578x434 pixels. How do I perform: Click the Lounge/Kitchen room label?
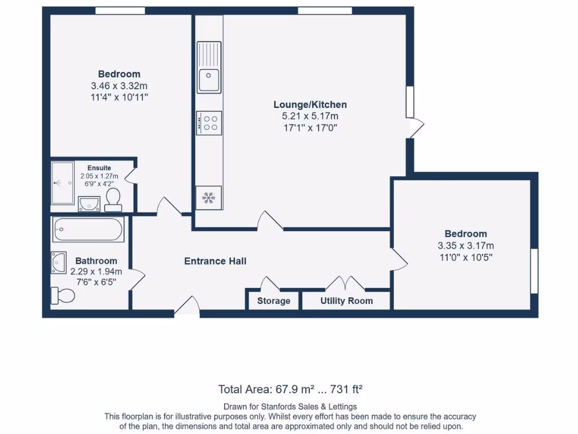pyautogui.click(x=310, y=105)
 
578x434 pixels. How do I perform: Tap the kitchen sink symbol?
pyautogui.click(x=209, y=67)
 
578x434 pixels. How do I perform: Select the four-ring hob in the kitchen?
pyautogui.click(x=209, y=123)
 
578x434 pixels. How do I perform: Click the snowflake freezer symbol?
pyautogui.click(x=209, y=198)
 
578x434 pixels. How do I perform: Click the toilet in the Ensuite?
pyautogui.click(x=113, y=199)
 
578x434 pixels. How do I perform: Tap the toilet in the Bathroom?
pyautogui.click(x=63, y=295)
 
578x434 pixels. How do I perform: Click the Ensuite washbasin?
pyautogui.click(x=89, y=203)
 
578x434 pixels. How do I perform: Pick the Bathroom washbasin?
pyautogui.click(x=59, y=262)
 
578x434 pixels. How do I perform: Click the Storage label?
pyautogui.click(x=274, y=301)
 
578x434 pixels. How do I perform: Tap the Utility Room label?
pyautogui.click(x=347, y=301)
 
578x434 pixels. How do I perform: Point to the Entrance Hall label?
pyautogui.click(x=216, y=261)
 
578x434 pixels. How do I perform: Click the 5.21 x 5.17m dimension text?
pyautogui.click(x=310, y=116)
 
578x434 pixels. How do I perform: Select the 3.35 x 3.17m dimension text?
pyautogui.click(x=466, y=245)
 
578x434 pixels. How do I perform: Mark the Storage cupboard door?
pyautogui.click(x=269, y=283)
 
